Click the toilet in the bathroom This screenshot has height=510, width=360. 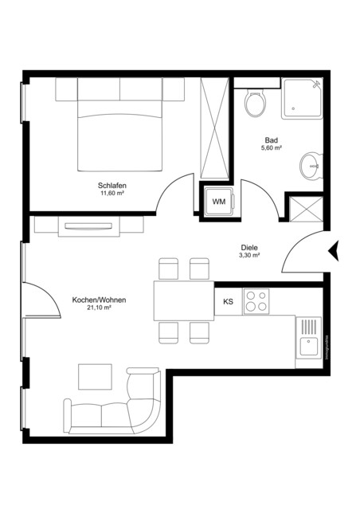(256, 104)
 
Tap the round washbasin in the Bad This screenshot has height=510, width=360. (309, 167)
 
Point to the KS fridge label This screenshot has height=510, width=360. (228, 301)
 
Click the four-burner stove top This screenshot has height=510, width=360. (256, 301)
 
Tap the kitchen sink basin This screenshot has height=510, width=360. (307, 347)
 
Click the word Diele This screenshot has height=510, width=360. (250, 247)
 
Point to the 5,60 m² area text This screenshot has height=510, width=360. (272, 147)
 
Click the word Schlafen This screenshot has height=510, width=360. (113, 185)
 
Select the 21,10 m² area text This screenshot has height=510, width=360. (98, 308)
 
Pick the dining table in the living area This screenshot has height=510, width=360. (183, 300)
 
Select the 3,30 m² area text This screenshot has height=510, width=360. (249, 256)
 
